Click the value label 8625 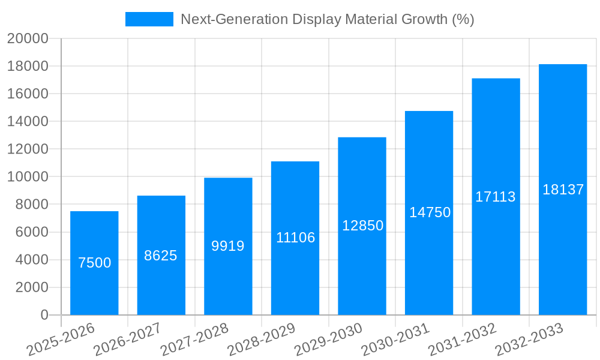pos(161,256)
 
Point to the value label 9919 pos(228,246)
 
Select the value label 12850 pos(362,226)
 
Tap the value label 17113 pos(496,197)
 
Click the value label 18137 pos(563,190)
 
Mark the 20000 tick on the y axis pos(27,38)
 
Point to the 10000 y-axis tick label pos(27,177)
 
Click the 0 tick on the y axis pos(44,315)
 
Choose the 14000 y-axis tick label pos(27,122)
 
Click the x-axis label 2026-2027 pos(127,339)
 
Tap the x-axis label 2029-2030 pos(328,339)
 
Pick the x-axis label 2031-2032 pos(462,339)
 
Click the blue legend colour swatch pos(149,19)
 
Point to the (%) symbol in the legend pos(463,19)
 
